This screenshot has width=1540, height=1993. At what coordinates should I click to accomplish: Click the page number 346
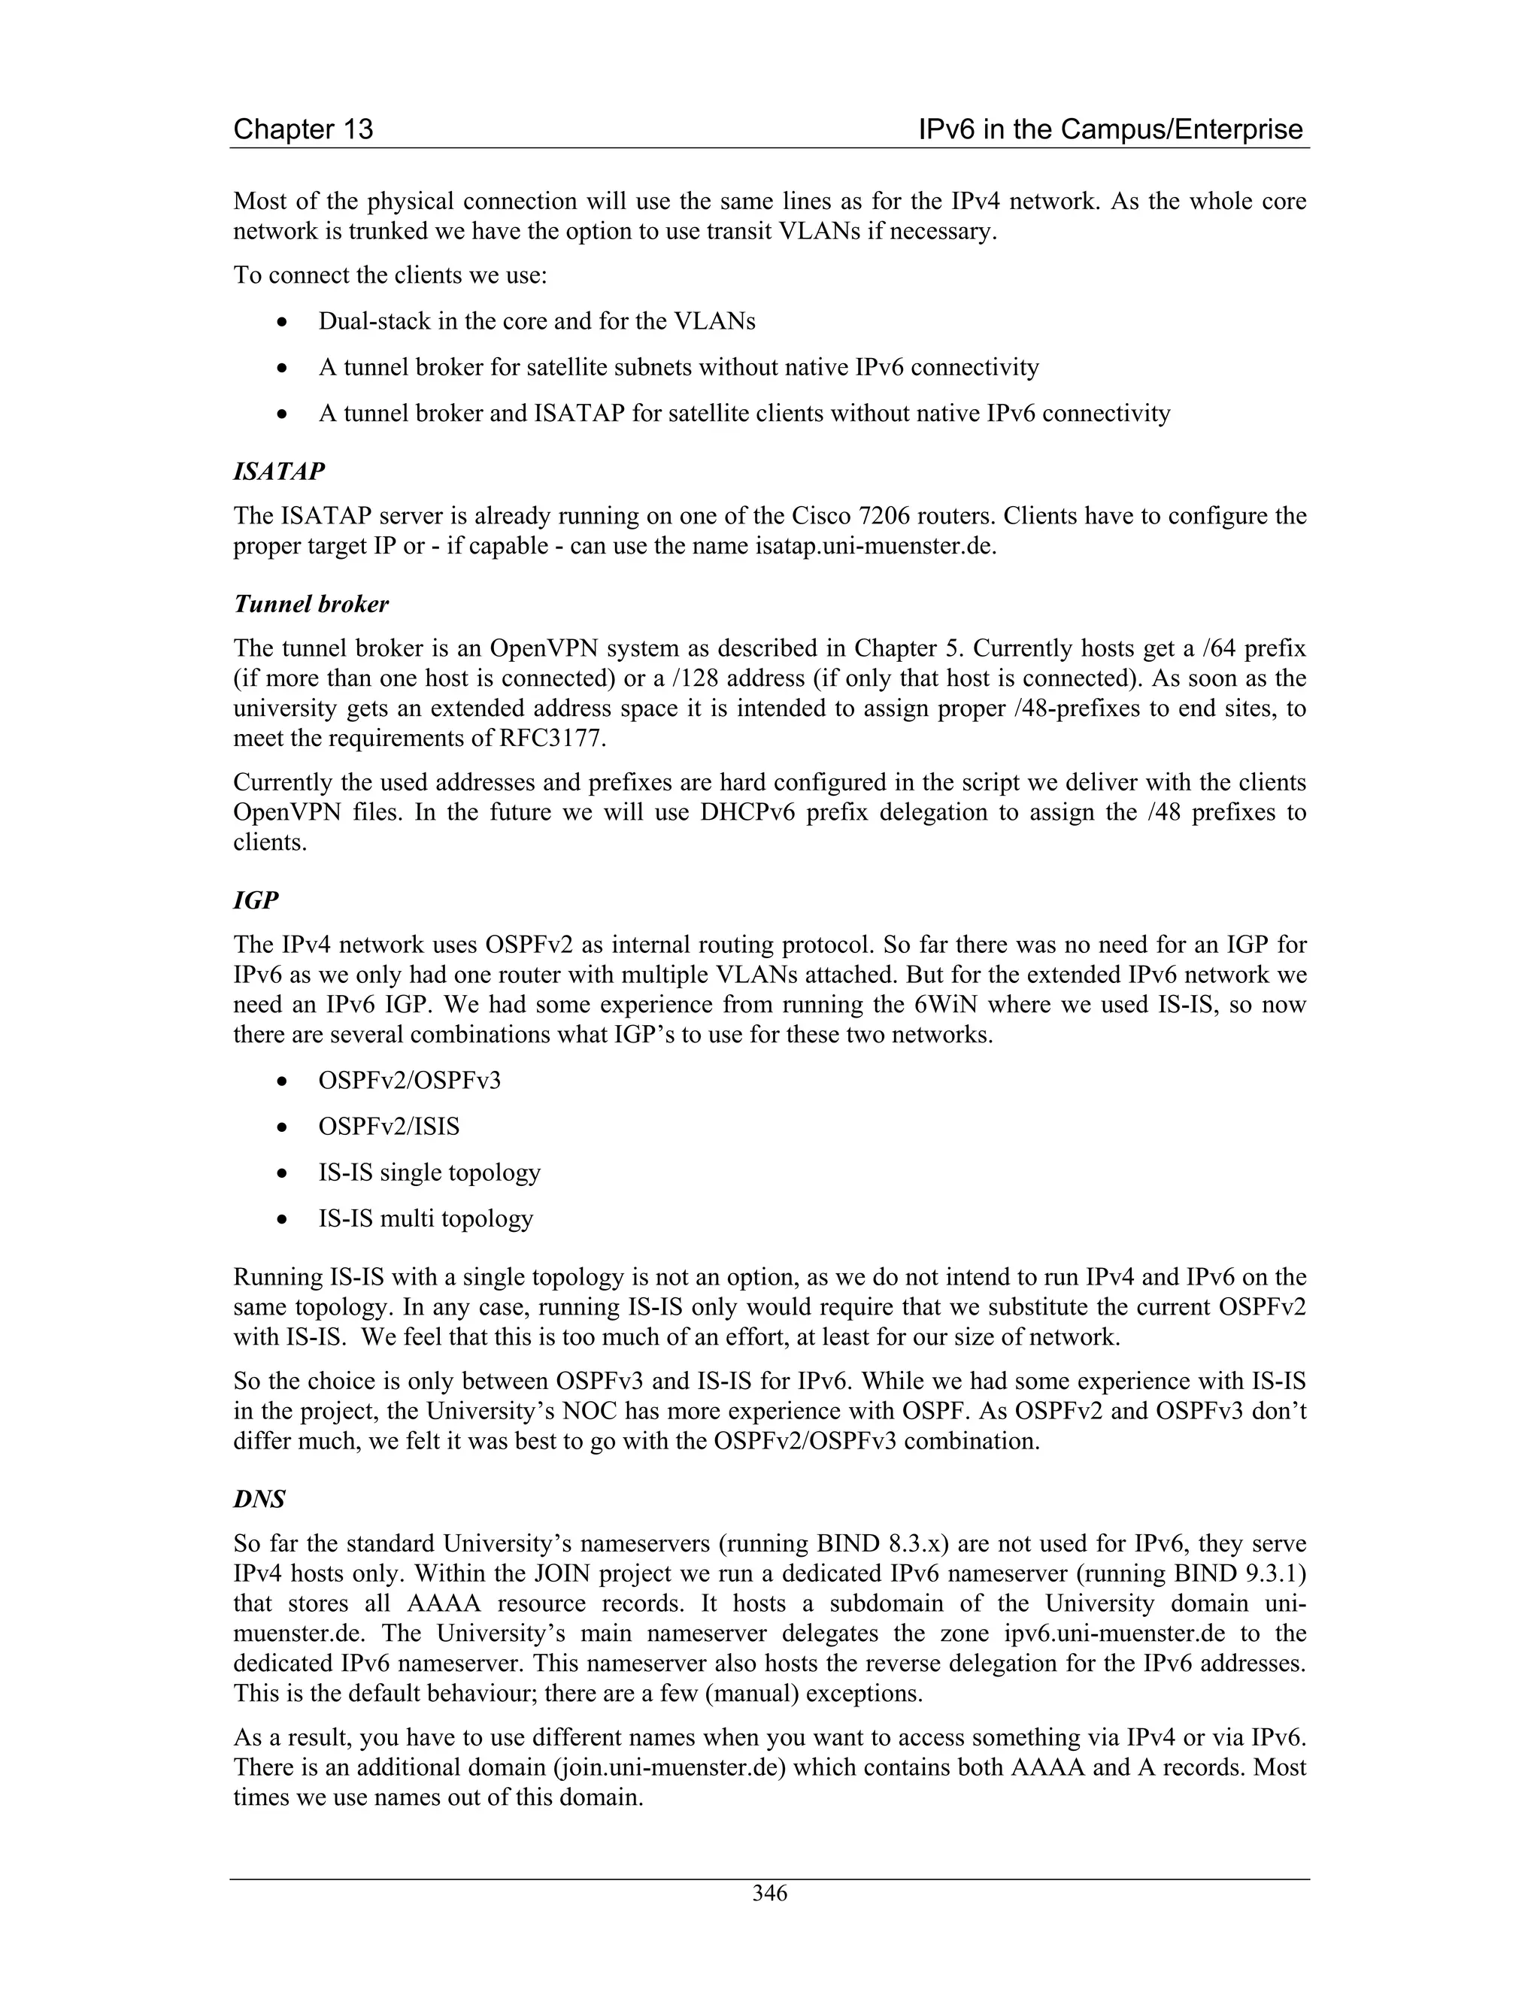pos(769,1894)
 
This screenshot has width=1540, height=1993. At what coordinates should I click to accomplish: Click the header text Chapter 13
pos(303,129)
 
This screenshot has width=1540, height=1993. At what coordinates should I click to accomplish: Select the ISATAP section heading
pos(279,472)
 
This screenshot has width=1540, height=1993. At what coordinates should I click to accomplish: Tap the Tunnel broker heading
pos(311,604)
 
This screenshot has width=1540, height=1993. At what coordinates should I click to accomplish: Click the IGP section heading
pos(256,901)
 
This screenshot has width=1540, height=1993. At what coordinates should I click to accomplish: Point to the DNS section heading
pos(259,1500)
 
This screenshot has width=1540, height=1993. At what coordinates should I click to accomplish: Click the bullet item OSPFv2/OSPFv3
pos(410,1081)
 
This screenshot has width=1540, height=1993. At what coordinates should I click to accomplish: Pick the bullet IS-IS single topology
pos(429,1172)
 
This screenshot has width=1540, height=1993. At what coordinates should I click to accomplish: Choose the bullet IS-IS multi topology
pos(425,1218)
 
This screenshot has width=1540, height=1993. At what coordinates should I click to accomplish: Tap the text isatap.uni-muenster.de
pos(875,546)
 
